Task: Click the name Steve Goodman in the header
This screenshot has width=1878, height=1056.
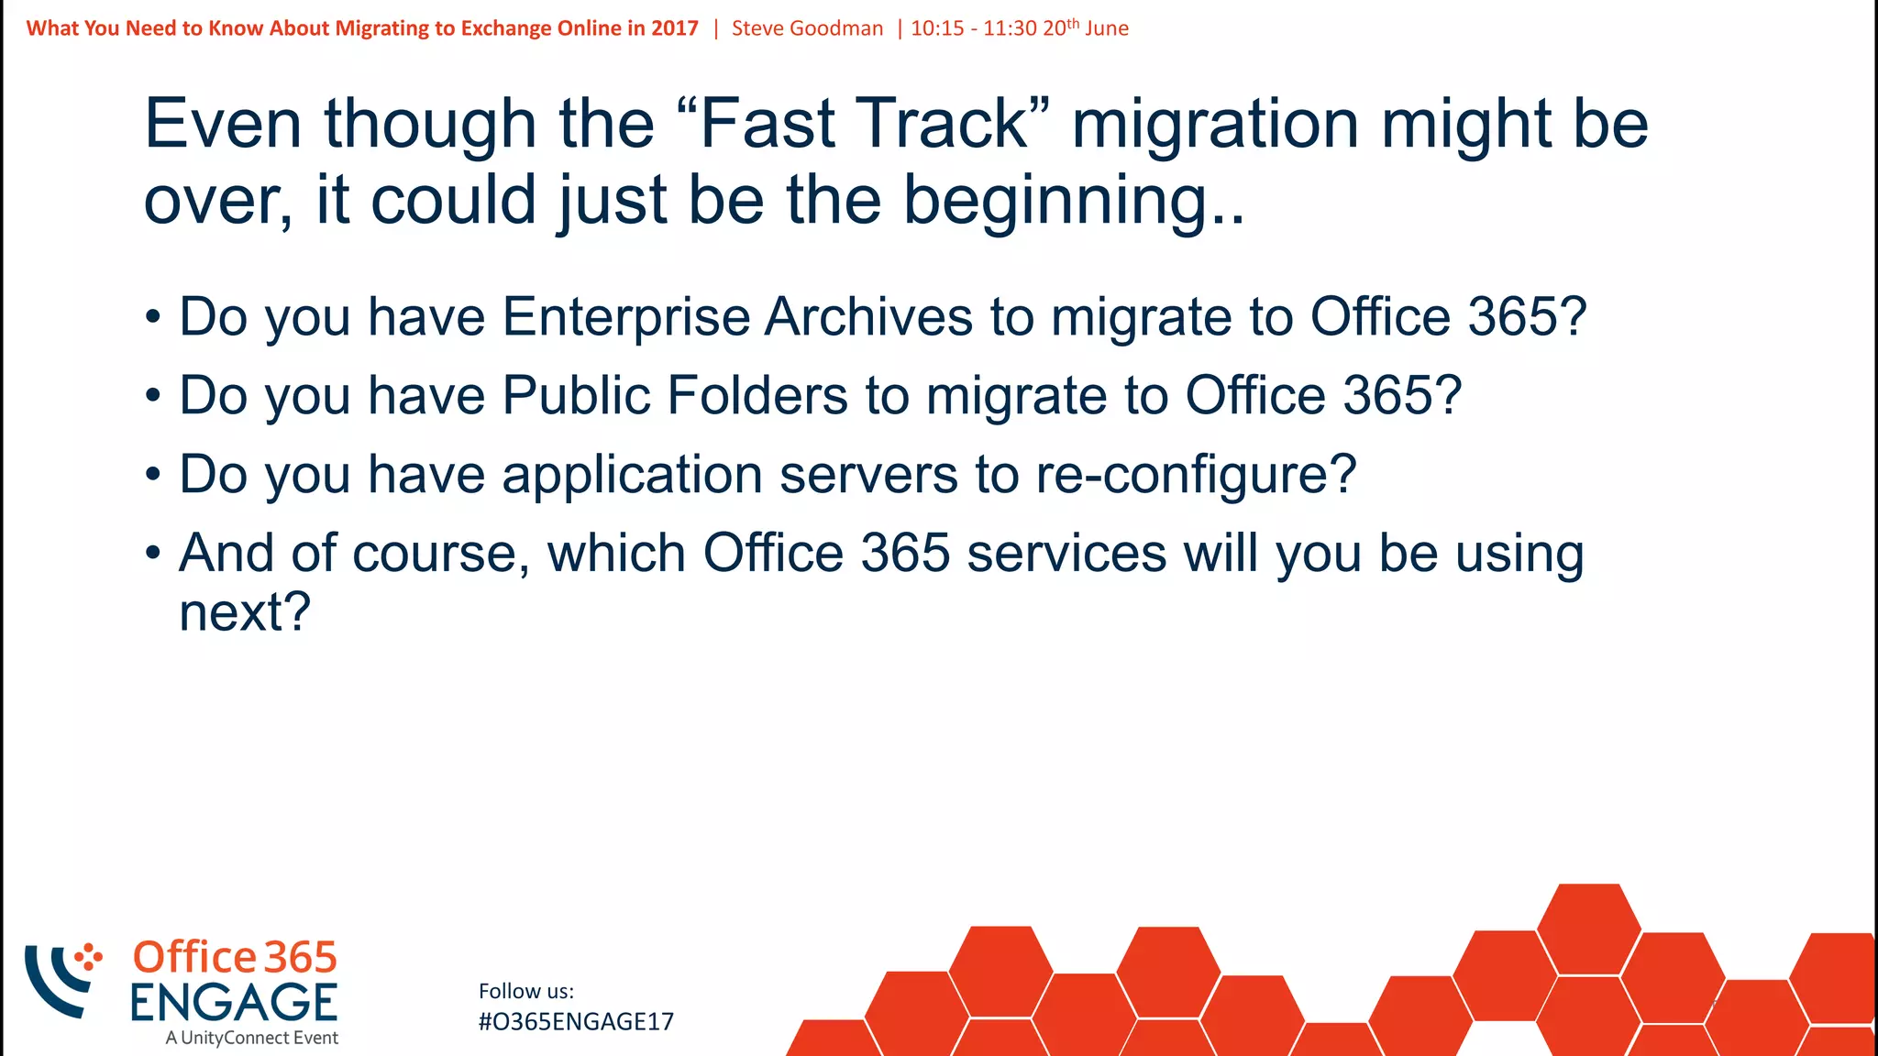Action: point(807,28)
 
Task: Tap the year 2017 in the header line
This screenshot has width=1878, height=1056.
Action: point(675,28)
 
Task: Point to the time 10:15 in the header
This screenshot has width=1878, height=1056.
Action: point(937,28)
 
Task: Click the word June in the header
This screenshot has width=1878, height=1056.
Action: point(1107,28)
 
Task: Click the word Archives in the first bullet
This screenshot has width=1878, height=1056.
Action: point(868,317)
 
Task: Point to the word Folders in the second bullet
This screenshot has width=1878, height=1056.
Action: point(757,396)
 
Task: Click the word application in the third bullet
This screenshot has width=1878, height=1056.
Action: point(632,475)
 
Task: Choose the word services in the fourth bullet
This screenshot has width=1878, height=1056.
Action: point(1066,554)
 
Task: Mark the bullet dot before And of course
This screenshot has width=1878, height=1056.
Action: point(153,554)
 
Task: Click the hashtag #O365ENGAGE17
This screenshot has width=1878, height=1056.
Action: point(576,1022)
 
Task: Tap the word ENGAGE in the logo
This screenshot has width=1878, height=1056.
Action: point(234,1002)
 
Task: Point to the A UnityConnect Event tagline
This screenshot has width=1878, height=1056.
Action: point(252,1039)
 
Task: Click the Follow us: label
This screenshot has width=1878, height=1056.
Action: point(526,991)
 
